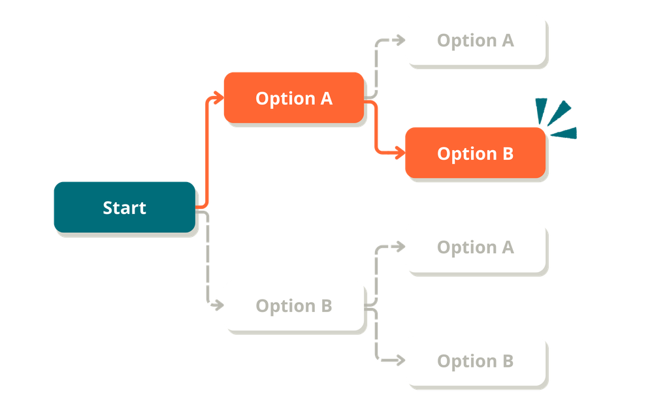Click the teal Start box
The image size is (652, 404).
tap(124, 207)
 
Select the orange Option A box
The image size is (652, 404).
tap(293, 98)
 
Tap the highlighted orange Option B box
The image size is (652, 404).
tap(475, 153)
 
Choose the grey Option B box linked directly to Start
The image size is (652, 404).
tap(293, 305)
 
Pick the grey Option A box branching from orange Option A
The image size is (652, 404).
tap(475, 40)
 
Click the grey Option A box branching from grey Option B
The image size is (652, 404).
tap(475, 247)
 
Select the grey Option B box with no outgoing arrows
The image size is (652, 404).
tap(475, 360)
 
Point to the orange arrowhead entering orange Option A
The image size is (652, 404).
tap(217, 98)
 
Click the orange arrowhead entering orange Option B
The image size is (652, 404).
tap(398, 154)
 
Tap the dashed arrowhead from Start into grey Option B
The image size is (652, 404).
tap(217, 305)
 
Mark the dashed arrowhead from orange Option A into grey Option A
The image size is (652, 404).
tap(399, 40)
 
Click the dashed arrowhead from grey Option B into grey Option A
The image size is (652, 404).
tap(399, 247)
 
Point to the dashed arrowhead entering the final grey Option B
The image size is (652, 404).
tap(399, 360)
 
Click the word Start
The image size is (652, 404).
tap(124, 208)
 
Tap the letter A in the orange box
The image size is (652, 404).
tap(325, 99)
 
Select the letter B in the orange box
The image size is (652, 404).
tap(507, 154)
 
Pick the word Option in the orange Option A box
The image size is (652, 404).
tap(283, 99)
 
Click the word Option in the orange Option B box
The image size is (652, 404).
tap(465, 154)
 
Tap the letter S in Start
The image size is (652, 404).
tap(108, 208)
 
